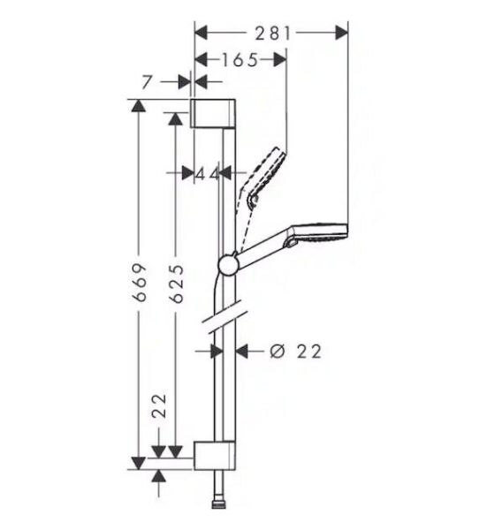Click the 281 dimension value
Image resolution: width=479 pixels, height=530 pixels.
coord(272,33)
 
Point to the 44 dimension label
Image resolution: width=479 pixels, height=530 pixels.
coord(207,173)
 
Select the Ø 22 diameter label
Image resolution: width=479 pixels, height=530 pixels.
coord(294,352)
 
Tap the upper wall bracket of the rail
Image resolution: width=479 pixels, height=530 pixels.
coord(213,114)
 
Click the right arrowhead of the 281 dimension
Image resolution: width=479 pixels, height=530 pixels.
coord(343,33)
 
